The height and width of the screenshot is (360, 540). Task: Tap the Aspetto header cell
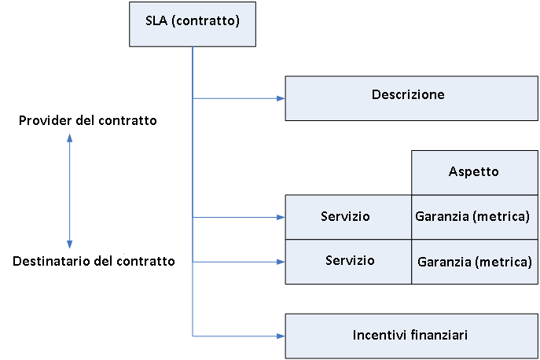474,172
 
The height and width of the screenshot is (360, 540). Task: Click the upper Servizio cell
348,217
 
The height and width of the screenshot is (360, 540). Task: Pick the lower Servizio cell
348,262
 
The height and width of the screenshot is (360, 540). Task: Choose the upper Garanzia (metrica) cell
474,217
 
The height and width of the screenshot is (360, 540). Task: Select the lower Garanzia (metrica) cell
474,262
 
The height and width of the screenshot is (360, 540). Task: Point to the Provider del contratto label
88,121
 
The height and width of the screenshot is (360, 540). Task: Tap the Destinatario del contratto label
94,261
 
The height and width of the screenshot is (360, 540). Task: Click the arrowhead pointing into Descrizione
280,99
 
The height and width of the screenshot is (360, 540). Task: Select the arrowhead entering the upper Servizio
280,217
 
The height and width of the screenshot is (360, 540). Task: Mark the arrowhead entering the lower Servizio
280,261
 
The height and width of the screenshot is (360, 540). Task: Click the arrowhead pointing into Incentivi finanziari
280,336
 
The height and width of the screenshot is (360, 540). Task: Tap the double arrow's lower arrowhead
70,244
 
